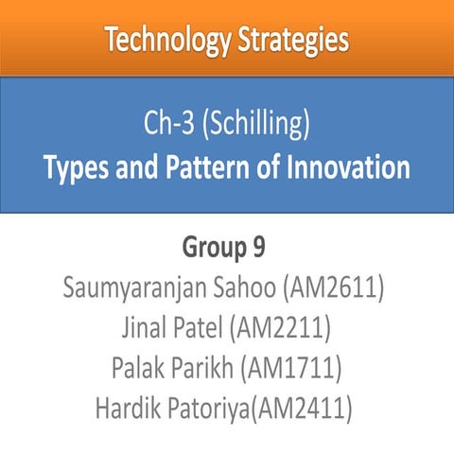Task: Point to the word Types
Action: coord(73,169)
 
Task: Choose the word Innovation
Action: coord(339,169)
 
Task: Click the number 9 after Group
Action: coord(258,249)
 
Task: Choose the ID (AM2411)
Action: coord(303,410)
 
